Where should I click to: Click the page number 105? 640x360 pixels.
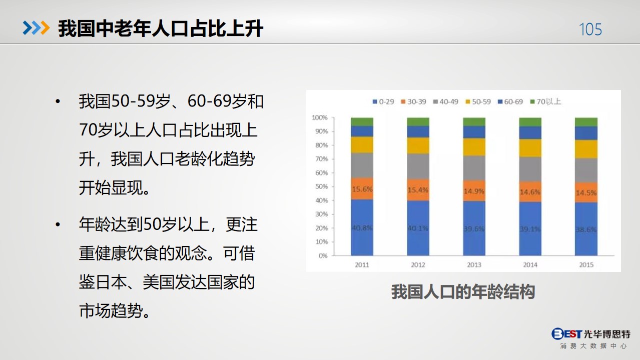590,29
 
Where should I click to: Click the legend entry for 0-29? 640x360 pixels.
383,101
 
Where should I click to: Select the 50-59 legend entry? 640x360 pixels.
478,101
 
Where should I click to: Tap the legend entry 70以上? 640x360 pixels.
545,101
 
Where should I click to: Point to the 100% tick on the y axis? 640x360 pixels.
319,117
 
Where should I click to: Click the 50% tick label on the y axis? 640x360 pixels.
321,186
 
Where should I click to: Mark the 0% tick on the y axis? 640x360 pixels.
323,255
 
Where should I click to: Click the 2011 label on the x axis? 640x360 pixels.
362,265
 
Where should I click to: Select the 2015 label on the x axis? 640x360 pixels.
586,265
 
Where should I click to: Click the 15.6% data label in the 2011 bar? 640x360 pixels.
362,189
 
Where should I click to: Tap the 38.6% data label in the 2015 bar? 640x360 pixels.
586,229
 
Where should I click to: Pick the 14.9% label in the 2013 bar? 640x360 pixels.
474,191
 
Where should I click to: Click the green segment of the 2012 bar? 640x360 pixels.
418,122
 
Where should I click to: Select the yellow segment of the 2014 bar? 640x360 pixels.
530,148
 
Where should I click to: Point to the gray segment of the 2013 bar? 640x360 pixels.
474,168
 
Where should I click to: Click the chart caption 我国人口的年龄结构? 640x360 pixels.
463,292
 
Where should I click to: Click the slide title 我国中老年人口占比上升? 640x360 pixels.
161,28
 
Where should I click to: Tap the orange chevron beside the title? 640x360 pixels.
45,28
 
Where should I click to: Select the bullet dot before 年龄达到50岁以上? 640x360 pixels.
58,224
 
